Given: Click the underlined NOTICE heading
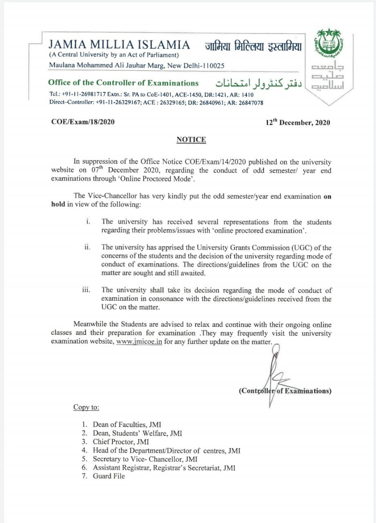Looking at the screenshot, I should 191,140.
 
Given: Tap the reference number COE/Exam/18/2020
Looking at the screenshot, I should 83,122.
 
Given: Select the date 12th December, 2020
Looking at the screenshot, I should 298,122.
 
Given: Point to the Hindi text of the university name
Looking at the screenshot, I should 253,46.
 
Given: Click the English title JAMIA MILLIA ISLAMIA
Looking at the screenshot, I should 119,45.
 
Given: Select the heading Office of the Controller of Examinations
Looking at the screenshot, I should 123,83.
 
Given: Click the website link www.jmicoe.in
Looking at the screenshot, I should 139,342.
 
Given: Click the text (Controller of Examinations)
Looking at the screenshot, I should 285,391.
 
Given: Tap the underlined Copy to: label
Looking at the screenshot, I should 86,407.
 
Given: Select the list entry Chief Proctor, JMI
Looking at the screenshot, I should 121,442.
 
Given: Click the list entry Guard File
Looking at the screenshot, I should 109,476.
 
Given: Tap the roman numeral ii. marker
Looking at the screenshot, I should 87,247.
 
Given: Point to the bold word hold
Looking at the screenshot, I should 58,204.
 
